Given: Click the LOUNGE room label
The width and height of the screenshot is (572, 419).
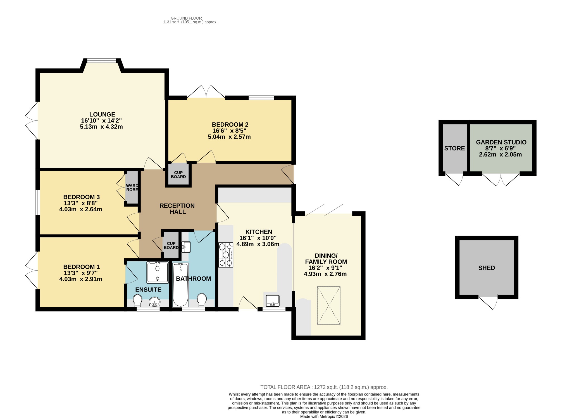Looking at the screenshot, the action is coord(102,114).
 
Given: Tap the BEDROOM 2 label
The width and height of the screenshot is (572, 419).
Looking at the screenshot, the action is coord(230,125).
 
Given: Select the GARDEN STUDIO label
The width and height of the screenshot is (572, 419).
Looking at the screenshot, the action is coord(501,142).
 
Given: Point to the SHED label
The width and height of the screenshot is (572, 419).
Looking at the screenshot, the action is coord(487,268).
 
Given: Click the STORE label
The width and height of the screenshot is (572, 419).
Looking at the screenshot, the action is coord(454,148).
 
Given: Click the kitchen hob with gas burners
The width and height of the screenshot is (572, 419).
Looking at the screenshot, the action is coord(226,255).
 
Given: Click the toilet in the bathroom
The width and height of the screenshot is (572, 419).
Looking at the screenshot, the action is coord(202,300).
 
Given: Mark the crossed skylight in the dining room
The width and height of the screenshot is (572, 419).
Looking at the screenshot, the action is coord(329,305).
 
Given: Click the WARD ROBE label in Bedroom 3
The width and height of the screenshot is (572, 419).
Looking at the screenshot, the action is coord(132,188).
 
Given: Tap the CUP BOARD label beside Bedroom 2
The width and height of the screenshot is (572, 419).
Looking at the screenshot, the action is coord(178,175).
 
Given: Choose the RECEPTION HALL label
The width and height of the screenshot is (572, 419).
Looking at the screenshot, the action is coord(177,209).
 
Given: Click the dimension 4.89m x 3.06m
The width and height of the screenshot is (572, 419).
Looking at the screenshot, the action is coord(258,244).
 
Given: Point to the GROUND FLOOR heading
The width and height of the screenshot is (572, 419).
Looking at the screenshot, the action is coord(186,18).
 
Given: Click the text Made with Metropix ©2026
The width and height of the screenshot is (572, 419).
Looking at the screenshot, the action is coord(324,416).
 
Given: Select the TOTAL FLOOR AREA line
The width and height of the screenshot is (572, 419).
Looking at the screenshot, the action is coord(324,387).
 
